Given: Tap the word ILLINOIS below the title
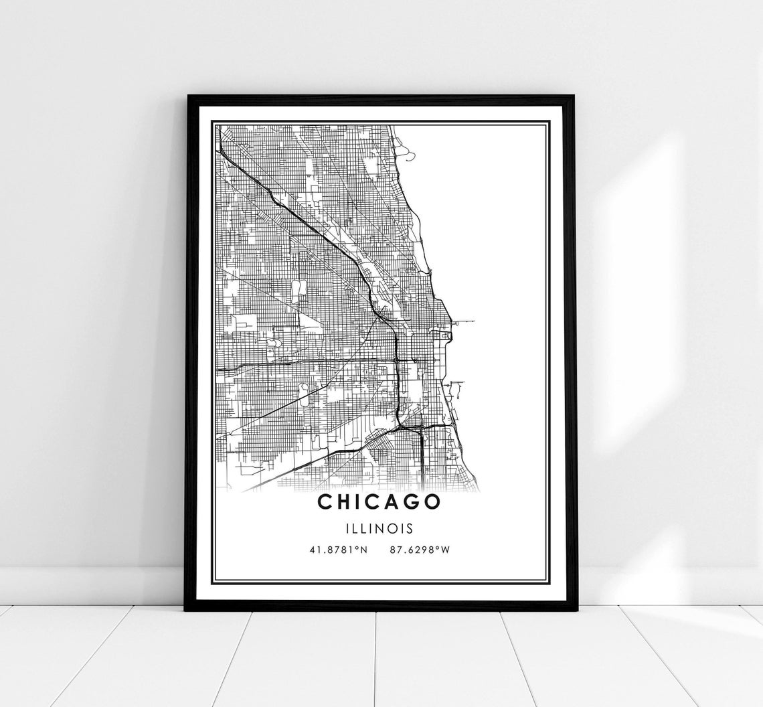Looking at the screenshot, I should pyautogui.click(x=379, y=528).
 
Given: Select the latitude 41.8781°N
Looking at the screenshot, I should pyautogui.click(x=339, y=550).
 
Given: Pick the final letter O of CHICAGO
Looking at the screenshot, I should pyautogui.click(x=433, y=501).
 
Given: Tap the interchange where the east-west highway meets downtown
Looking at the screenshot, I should pyautogui.click(x=398, y=362).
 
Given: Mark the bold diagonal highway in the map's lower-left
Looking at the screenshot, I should pyautogui.click(x=294, y=469).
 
